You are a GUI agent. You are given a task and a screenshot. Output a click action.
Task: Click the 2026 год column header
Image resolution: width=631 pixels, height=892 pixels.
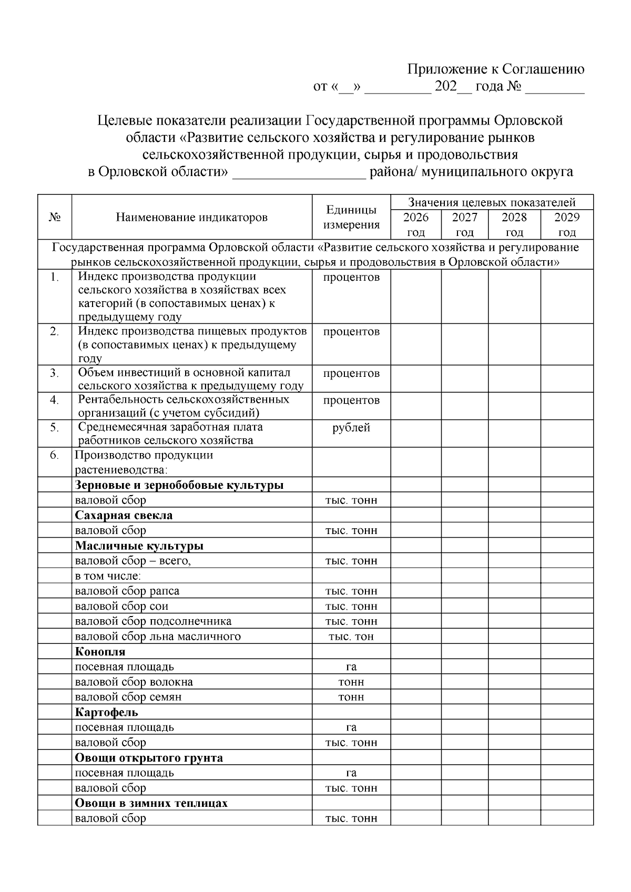point(415,225)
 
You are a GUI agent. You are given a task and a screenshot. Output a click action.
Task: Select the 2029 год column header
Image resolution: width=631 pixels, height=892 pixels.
point(567,225)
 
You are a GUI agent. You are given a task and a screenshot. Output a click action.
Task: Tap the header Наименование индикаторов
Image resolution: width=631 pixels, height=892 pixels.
point(191,218)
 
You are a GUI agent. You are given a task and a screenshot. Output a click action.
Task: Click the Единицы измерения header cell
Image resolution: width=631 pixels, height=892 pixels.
point(351,218)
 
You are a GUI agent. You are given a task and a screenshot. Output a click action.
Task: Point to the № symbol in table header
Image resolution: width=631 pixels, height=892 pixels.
point(55,218)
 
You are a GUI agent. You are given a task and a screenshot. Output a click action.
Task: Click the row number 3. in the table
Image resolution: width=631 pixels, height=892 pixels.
point(54,373)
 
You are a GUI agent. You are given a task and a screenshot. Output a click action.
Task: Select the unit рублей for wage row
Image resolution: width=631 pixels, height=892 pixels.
point(351,428)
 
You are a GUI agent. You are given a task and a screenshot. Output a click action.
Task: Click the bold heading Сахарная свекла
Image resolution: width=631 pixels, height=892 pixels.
point(124,515)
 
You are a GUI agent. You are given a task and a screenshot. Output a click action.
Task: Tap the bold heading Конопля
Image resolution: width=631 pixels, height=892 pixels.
point(100,652)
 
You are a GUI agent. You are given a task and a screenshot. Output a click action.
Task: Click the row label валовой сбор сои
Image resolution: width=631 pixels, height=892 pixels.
point(121,606)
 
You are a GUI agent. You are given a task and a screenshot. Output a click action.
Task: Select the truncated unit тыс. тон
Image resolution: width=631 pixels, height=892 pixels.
point(351,637)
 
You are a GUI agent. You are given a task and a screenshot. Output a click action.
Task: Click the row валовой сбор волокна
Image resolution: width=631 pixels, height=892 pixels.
point(134,682)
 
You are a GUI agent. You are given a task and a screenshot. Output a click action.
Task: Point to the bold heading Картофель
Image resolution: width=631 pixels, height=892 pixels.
point(106,713)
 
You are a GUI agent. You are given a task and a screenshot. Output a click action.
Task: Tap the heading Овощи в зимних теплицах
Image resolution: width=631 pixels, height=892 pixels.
point(151,804)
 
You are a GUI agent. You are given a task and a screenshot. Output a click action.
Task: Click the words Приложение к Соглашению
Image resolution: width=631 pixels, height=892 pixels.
point(496,69)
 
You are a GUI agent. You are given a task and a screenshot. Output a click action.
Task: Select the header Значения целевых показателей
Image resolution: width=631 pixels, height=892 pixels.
point(492,202)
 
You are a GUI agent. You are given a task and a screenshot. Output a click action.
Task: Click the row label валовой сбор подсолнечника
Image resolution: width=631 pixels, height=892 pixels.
point(153,621)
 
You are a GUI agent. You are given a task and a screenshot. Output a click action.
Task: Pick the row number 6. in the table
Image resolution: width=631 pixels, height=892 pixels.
point(54,455)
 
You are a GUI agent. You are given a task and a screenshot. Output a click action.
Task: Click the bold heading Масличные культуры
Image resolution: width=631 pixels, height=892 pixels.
point(139,546)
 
